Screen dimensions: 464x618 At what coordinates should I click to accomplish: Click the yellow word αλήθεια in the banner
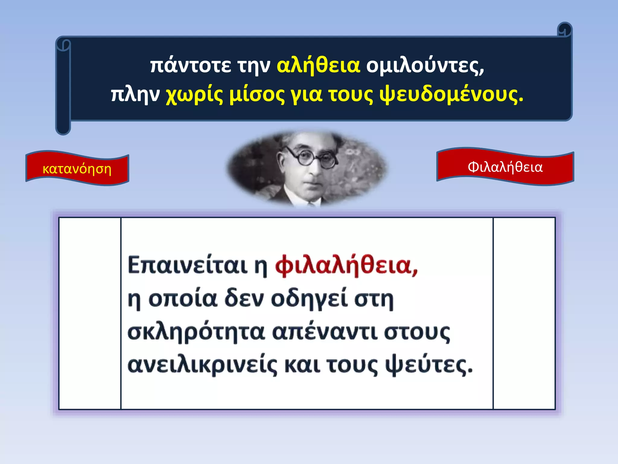(x=318, y=66)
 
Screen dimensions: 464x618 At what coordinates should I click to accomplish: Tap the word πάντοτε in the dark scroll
(x=190, y=66)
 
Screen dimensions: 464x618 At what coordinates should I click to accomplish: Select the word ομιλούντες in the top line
(x=425, y=66)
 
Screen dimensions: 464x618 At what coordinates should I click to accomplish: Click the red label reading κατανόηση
(x=77, y=169)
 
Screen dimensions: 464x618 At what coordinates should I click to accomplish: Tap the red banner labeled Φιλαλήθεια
(x=505, y=167)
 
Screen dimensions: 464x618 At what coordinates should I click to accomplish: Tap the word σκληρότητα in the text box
(x=196, y=332)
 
